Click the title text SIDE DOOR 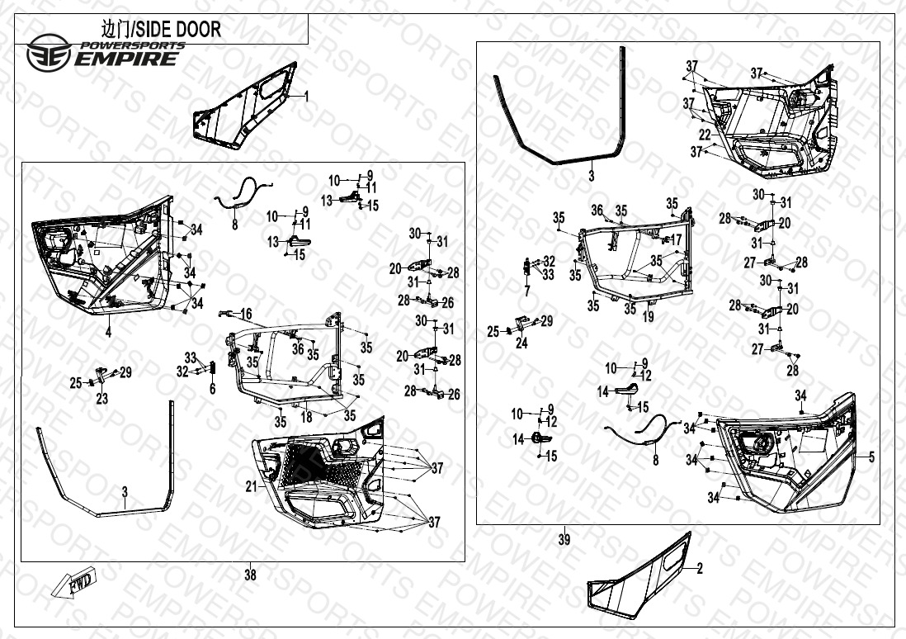tap(155, 30)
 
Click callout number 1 tap(306, 96)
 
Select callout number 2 tap(700, 568)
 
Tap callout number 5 tap(871, 456)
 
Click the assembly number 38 tap(250, 575)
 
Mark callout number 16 tap(246, 314)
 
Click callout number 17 tap(676, 240)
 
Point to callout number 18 tap(307, 418)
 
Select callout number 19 tap(649, 316)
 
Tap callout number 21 tap(251, 486)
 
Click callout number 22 tap(704, 135)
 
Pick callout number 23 tap(101, 398)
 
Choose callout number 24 tap(521, 343)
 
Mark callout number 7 tap(526, 291)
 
